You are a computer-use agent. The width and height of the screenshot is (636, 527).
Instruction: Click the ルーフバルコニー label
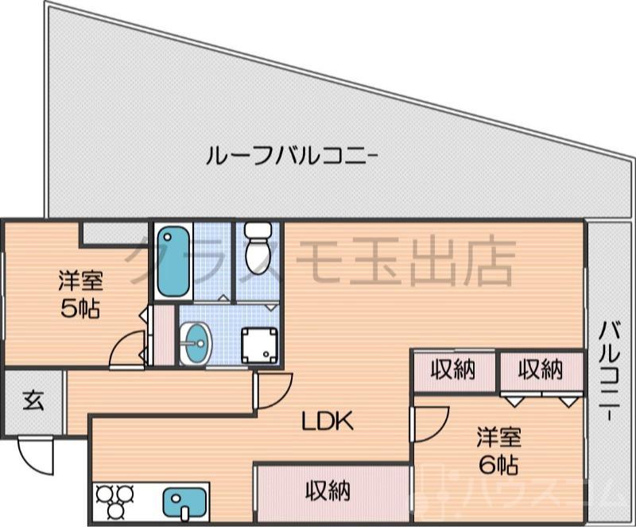pyautogui.click(x=291, y=153)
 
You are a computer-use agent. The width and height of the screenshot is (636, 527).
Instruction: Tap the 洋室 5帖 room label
pyautogui.click(x=79, y=294)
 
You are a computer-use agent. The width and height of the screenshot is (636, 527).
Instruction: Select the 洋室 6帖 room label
pyautogui.click(x=498, y=449)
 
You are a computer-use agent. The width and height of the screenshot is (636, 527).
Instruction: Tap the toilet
pyautogui.click(x=258, y=247)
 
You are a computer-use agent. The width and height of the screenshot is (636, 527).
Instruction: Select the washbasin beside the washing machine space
pyautogui.click(x=195, y=344)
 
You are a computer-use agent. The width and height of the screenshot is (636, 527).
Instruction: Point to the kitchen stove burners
pyautogui.click(x=116, y=502)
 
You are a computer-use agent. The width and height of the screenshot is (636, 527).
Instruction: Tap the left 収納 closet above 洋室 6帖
pyautogui.click(x=453, y=370)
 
